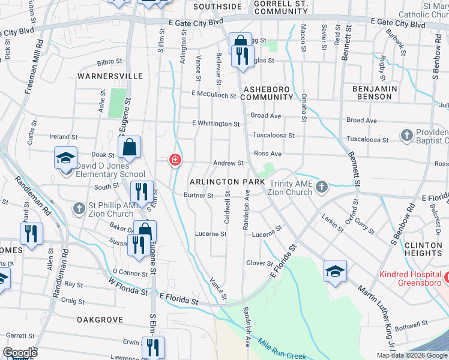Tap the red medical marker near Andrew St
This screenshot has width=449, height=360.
(x=175, y=160)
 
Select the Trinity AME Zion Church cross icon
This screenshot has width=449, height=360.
(x=321, y=187)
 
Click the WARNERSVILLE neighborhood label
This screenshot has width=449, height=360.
(x=110, y=76)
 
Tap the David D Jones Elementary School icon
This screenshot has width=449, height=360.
(x=65, y=158)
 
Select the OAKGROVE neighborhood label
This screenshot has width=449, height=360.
(x=100, y=320)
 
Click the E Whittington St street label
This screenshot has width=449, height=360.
(x=215, y=124)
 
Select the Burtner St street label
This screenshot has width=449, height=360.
(x=199, y=196)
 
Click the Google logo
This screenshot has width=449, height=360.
(x=20, y=353)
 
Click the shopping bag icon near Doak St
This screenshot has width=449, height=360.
(x=130, y=146)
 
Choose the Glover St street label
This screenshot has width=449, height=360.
(x=260, y=263)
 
